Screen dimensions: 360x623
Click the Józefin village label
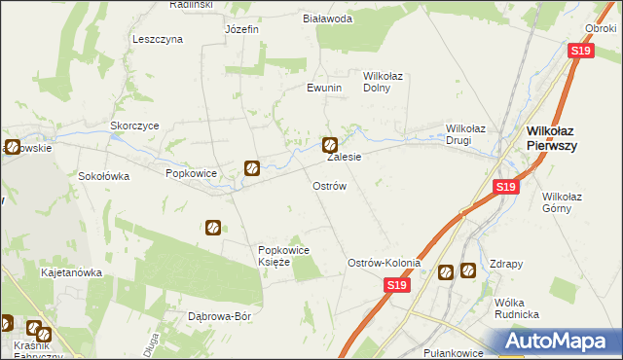coord(241,29)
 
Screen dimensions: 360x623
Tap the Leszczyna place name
coord(158,40)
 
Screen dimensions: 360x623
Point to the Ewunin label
coord(324,88)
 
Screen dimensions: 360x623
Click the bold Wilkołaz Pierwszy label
coord(566,137)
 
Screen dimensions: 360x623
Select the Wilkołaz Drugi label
coord(472,134)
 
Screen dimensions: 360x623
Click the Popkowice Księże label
coord(283,256)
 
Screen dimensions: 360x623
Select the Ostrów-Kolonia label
coord(385,264)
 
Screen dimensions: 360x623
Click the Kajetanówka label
coord(71,273)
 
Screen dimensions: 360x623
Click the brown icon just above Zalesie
coord(330,144)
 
